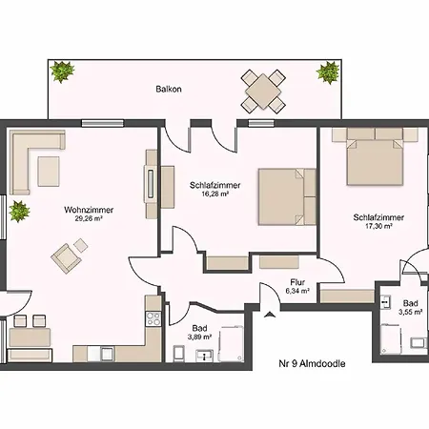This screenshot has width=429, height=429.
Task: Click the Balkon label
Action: click(x=169, y=89)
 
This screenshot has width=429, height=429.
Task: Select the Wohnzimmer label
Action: click(x=89, y=210)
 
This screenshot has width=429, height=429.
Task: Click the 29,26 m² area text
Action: click(x=89, y=218)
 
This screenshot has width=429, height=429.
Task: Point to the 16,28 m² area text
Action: click(x=215, y=194)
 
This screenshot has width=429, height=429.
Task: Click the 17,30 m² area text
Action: click(x=378, y=226)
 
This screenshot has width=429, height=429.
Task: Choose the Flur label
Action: click(x=297, y=282)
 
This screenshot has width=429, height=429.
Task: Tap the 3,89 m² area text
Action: click(x=199, y=337)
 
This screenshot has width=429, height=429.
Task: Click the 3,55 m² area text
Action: click(x=410, y=312)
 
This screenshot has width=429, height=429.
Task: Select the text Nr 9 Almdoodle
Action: click(x=312, y=363)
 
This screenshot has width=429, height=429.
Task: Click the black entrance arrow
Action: click(x=270, y=315)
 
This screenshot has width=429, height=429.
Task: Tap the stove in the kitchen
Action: click(x=153, y=318)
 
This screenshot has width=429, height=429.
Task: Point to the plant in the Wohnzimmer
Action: click(x=19, y=211)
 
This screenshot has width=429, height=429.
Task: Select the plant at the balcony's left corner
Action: click(x=63, y=71)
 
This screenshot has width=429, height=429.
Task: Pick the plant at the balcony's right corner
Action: click(x=328, y=72)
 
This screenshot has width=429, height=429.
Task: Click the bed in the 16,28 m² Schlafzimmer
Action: click(x=287, y=196)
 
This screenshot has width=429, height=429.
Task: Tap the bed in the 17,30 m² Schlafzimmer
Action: click(x=375, y=156)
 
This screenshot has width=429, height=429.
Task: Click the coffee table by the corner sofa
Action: click(x=49, y=172)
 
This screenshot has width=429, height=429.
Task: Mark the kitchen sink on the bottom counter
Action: click(x=108, y=354)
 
